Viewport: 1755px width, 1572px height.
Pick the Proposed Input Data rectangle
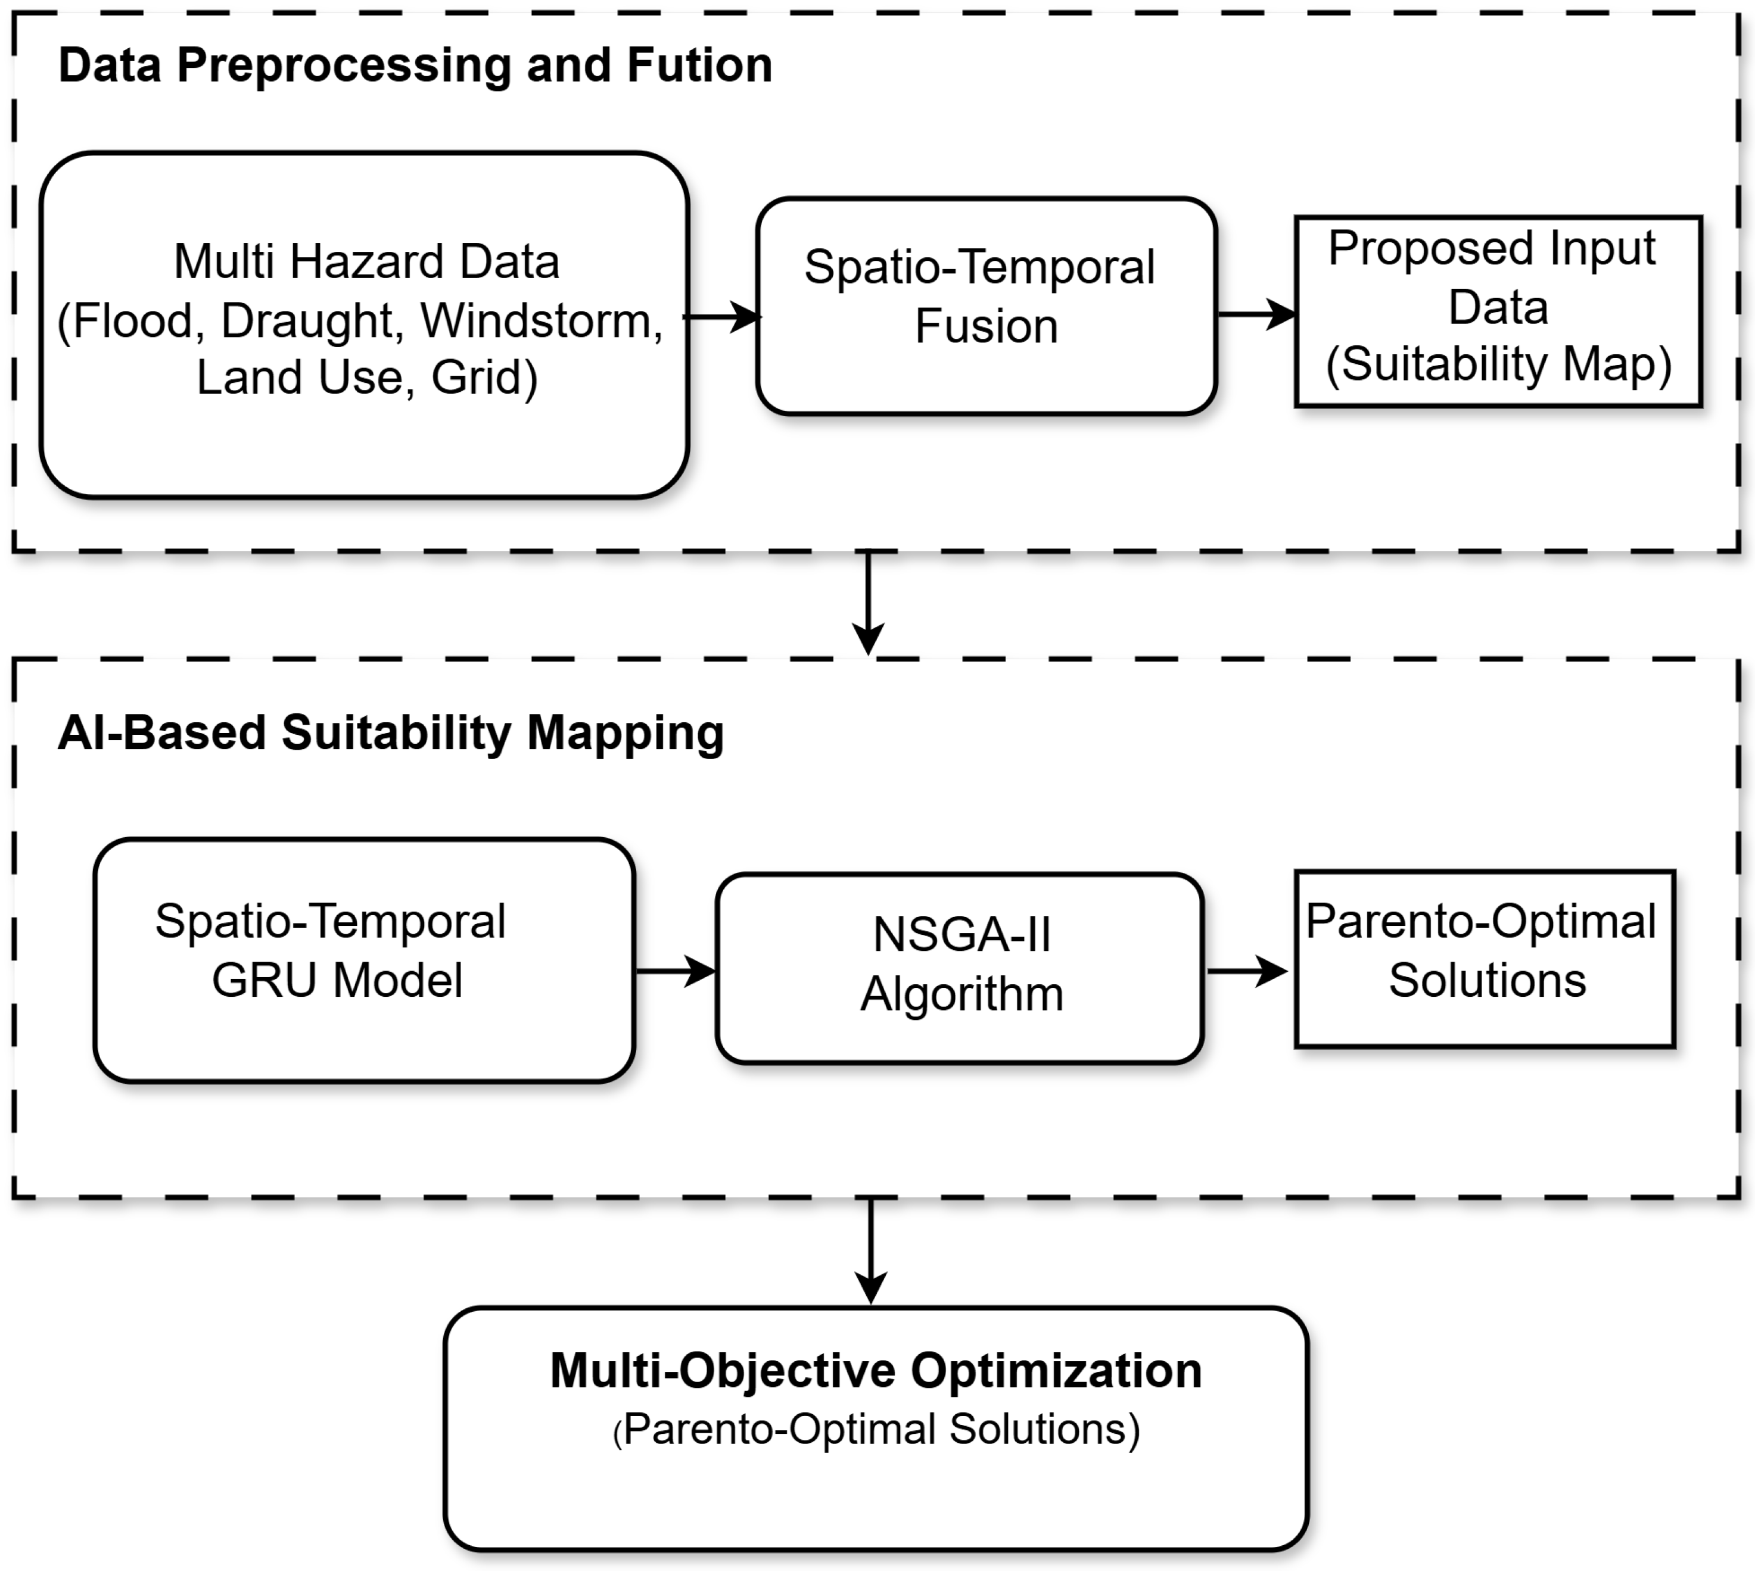(x=1498, y=310)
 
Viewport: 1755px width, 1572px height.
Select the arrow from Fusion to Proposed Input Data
(x=1256, y=314)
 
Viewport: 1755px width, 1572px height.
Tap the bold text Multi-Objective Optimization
(x=875, y=1371)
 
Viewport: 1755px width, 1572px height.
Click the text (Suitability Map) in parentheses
(x=1498, y=364)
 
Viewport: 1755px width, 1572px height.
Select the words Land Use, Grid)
(x=367, y=378)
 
